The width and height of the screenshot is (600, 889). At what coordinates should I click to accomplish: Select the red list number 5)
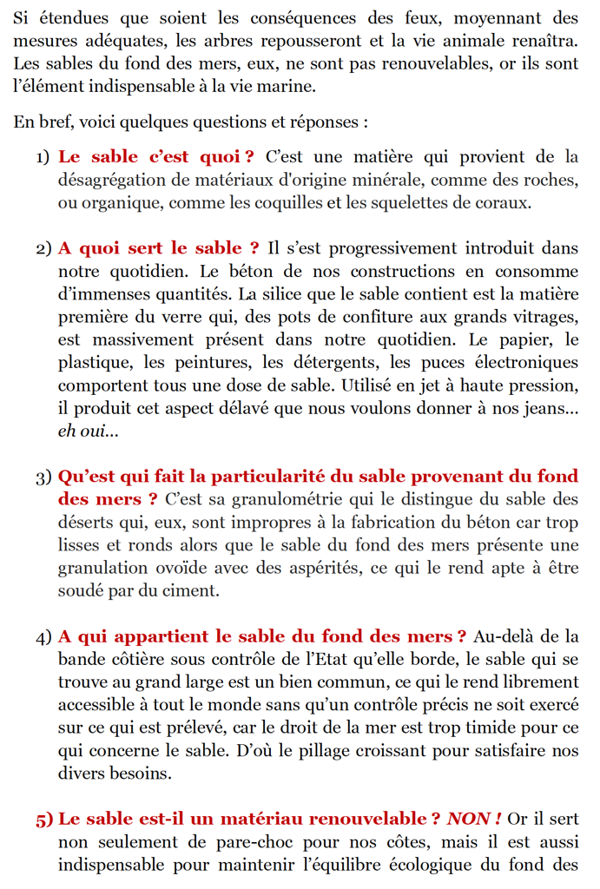coord(43,819)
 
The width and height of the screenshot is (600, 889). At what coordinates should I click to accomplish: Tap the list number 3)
coord(43,477)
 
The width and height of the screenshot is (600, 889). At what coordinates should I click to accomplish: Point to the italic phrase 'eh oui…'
coord(89,431)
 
